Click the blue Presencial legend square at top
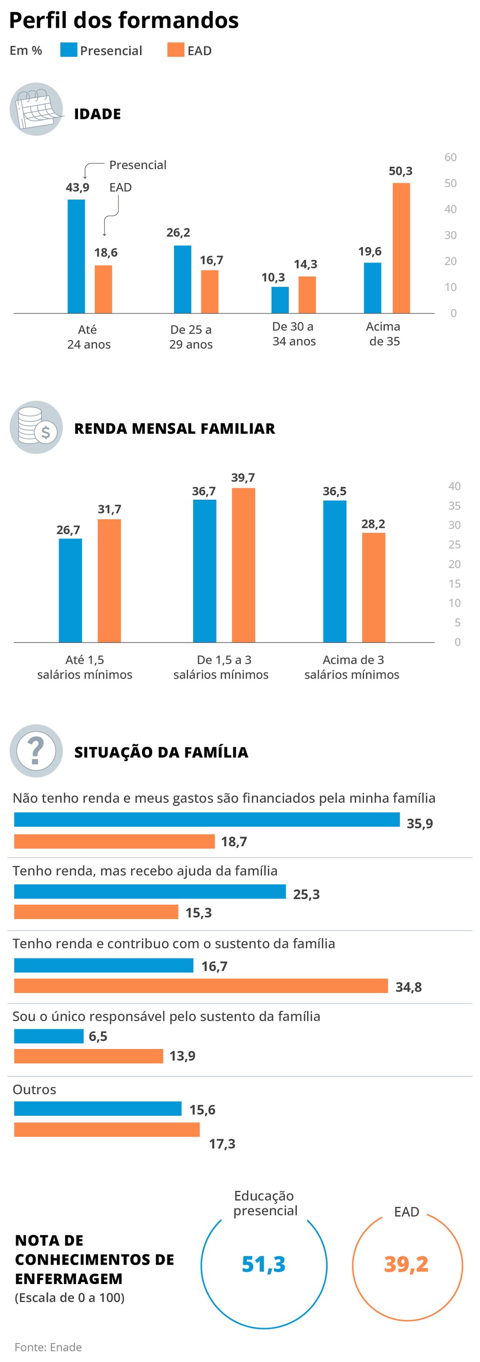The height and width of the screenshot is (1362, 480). [68, 50]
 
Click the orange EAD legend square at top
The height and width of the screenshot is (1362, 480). [175, 50]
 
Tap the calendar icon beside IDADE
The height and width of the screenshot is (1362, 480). [36, 110]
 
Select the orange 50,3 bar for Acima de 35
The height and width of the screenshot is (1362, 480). [400, 248]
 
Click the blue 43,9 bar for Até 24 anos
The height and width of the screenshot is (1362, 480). [76, 256]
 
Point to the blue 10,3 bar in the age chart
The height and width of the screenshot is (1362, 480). [280, 300]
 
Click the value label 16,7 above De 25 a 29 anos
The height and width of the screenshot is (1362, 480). [211, 260]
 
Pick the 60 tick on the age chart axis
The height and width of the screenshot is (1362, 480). [450, 157]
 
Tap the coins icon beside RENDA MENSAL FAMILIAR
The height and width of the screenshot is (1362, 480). [36, 427]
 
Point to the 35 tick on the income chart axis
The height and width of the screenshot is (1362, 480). [454, 506]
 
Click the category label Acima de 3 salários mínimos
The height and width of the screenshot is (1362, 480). [352, 667]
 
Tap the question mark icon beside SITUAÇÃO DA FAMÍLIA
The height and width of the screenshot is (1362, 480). [36, 751]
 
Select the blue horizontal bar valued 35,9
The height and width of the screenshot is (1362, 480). [206, 819]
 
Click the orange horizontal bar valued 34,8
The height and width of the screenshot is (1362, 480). [200, 986]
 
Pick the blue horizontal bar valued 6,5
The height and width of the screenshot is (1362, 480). [49, 1036]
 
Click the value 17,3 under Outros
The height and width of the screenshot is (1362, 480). [222, 1144]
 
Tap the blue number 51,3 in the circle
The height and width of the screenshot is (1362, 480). [263, 1264]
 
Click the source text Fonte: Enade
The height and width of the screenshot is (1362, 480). [48, 1347]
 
